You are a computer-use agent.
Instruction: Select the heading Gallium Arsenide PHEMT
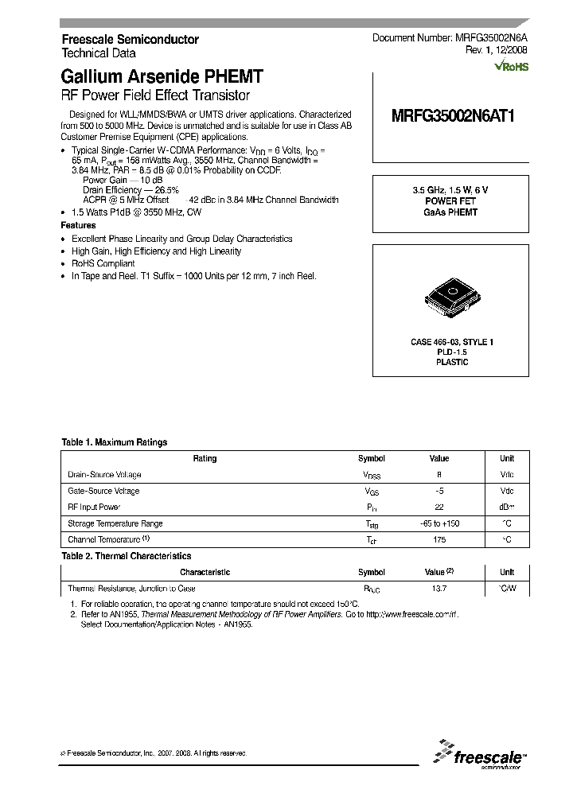(162, 77)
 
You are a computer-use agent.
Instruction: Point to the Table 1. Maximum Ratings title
(114, 442)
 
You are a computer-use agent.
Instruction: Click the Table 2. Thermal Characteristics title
(127, 556)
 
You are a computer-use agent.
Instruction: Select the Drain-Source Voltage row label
(104, 475)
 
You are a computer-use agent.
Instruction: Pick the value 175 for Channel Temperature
(439, 539)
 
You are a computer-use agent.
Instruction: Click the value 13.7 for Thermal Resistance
(439, 589)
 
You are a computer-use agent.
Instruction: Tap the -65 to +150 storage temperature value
(439, 523)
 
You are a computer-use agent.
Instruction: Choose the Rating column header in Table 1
(205, 459)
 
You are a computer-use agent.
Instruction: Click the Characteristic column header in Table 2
(205, 573)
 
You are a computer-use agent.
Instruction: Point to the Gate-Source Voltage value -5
(439, 491)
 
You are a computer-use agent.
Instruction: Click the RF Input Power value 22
(439, 507)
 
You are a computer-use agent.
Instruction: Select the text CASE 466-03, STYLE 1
(451, 342)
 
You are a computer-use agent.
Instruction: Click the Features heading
(79, 226)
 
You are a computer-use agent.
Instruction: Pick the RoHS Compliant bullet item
(103, 263)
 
